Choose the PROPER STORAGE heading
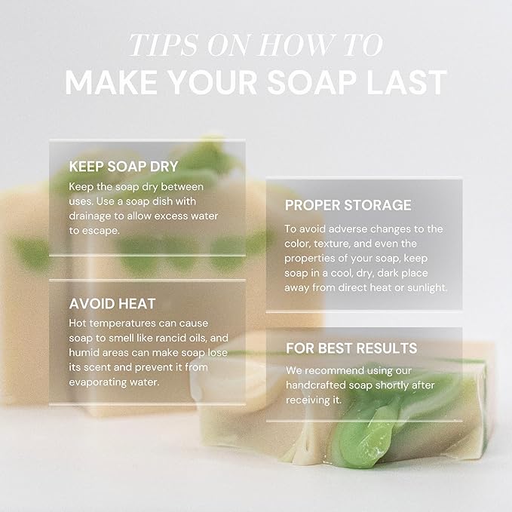click(x=348, y=205)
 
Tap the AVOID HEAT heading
click(x=112, y=304)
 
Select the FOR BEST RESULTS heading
click(x=351, y=348)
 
